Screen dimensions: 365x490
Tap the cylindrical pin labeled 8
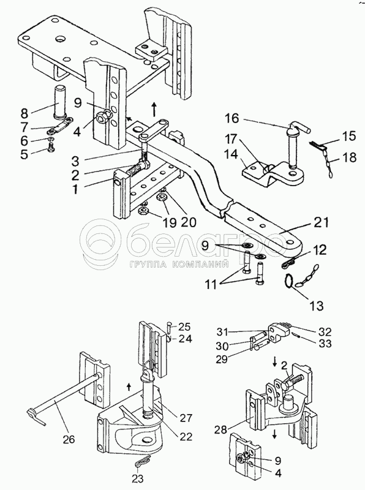coord(61,101)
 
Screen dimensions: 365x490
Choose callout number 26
coord(69,439)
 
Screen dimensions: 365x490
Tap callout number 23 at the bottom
coord(138,478)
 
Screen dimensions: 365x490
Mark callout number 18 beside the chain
coord(348,158)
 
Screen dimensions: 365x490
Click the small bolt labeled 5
coord(51,149)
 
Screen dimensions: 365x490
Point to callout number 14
coord(231,155)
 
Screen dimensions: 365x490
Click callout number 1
coord(74,190)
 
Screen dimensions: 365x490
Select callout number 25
coord(184,327)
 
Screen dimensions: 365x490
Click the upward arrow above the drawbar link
coord(154,109)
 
